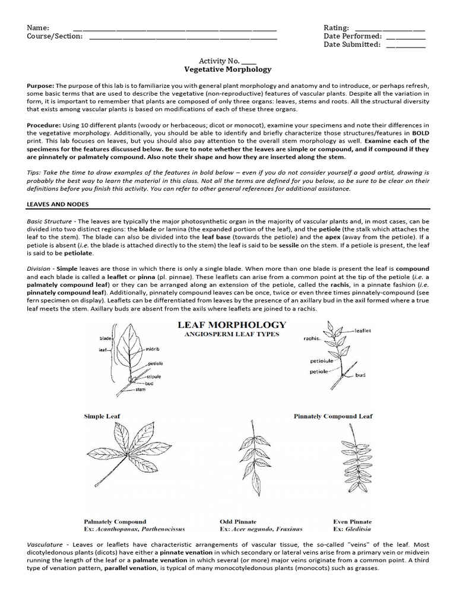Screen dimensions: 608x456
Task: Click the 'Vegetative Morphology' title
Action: point(227,69)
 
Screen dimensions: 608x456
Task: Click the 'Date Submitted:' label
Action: point(351,45)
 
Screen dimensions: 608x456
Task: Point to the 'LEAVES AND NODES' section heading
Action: point(58,204)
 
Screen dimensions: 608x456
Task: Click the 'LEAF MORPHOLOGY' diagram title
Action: point(232,325)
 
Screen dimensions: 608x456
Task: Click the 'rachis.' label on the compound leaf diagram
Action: point(312,338)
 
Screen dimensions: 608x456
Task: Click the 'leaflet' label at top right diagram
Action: point(362,330)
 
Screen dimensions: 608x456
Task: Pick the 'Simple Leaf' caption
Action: point(102,416)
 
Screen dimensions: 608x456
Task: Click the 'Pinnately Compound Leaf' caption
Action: point(333,416)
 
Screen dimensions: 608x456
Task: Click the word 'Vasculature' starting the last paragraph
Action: point(47,544)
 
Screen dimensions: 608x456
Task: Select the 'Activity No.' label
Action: point(219,61)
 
